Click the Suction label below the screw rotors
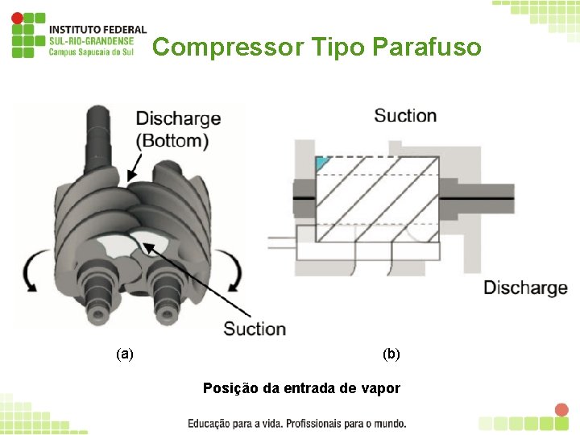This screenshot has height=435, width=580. tap(255, 329)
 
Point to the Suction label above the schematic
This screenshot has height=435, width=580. tap(405, 116)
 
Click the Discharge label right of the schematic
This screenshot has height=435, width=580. tap(525, 288)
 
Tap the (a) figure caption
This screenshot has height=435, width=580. tap(125, 353)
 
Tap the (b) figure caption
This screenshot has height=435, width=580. tap(391, 353)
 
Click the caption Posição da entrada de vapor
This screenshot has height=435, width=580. tap(301, 388)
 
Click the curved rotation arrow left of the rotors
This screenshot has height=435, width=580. tap(33, 271)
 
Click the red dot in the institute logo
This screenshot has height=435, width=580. tap(17, 17)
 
